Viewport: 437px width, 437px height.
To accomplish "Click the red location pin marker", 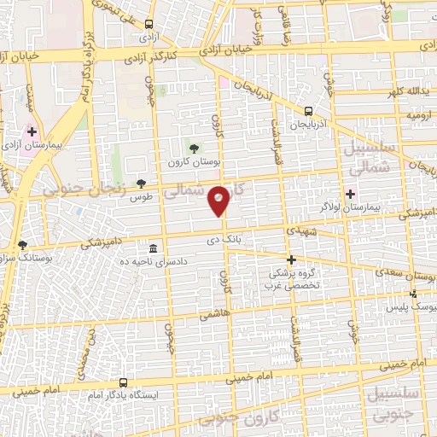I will coord(219,200).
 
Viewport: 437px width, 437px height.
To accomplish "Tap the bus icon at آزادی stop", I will coord(149,24).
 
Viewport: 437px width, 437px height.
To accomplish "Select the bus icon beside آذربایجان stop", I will coord(308,110).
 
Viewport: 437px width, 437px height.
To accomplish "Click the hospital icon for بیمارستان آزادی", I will coord(32,132).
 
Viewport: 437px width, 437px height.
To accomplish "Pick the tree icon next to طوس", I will coord(141,184).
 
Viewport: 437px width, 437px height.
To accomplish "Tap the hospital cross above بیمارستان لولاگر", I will coord(350,194).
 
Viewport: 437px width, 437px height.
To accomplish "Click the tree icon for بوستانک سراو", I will coord(22,245).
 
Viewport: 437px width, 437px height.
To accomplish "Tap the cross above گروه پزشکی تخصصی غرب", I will coord(291,259).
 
